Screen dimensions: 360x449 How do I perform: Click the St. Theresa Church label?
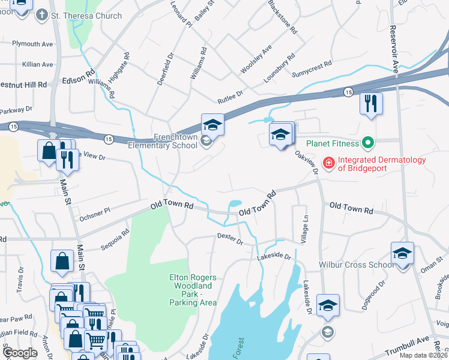(86, 16)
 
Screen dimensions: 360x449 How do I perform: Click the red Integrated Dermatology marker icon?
(328, 162)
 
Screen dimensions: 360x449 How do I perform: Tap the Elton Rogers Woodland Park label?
(191, 290)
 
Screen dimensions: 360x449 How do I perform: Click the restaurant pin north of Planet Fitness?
(371, 104)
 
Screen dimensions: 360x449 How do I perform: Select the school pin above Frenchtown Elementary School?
(212, 125)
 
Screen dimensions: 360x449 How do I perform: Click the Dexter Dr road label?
(230, 240)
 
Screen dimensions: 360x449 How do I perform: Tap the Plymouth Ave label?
(33, 44)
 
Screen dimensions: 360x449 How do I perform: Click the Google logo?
(20, 353)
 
